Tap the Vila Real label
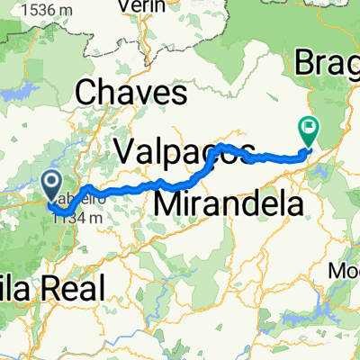point(49,289)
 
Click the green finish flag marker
point(309,132)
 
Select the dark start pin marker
point(51,185)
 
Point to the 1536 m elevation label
point(38,9)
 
